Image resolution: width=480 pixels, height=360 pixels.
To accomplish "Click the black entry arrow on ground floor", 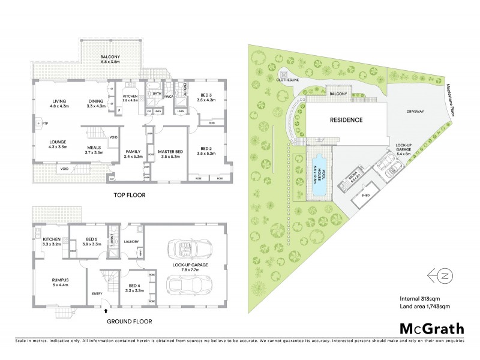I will [106, 311].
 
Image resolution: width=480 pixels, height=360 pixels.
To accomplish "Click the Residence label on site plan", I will [346, 120].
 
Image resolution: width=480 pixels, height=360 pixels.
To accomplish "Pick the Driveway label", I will [415, 111].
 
